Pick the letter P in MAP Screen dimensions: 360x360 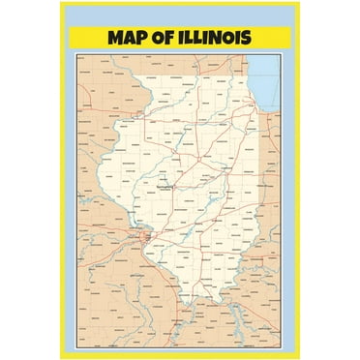[135, 39]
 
